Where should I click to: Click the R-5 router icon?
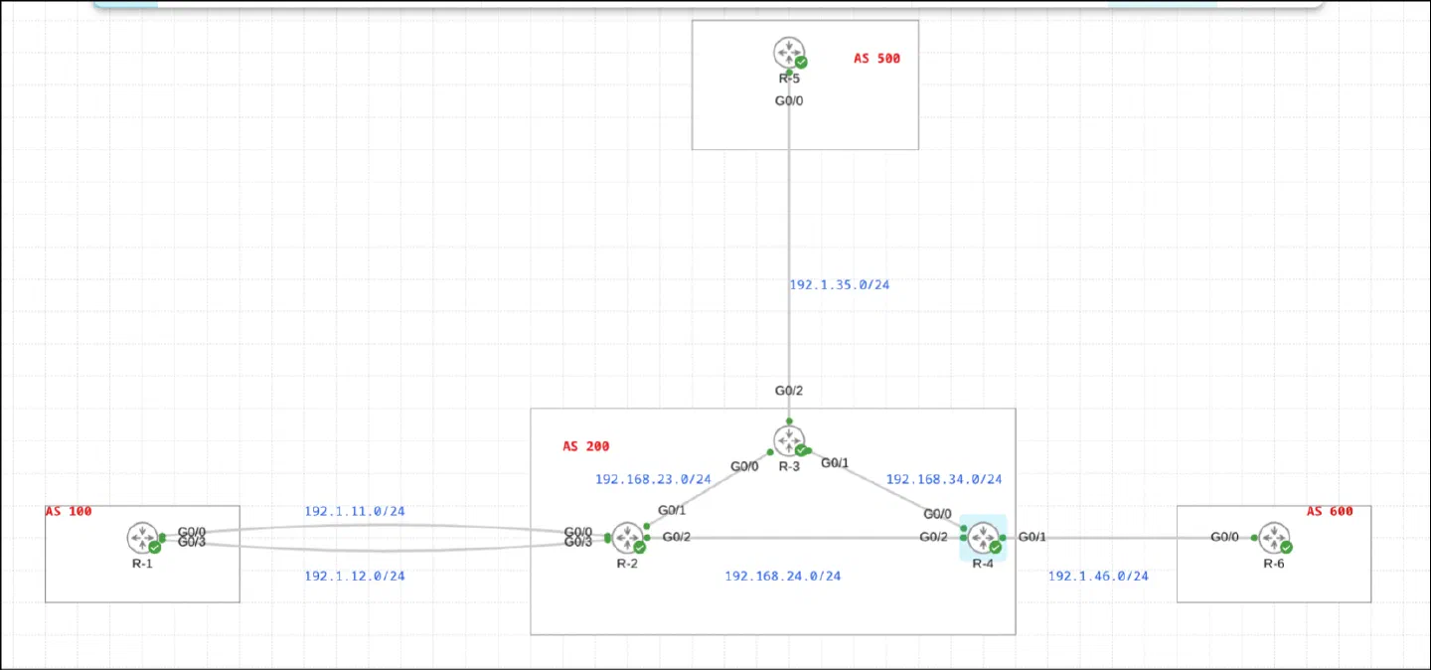tap(790, 53)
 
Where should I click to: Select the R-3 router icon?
tap(790, 440)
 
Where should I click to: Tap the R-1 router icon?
tap(142, 538)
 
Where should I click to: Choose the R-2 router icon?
tap(628, 538)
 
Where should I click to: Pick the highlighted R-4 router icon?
tap(983, 538)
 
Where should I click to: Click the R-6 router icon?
tap(1274, 538)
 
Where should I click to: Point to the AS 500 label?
tap(876, 59)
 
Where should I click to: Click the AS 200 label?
tap(586, 446)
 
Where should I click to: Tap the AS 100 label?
tap(69, 512)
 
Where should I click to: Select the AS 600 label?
tap(1330, 512)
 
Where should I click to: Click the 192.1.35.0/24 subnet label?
tap(840, 285)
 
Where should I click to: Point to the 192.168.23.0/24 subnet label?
tap(653, 479)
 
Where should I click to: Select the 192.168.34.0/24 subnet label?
tap(944, 479)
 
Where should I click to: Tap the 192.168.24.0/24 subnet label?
tap(783, 577)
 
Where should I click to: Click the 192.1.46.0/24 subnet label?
tap(1098, 577)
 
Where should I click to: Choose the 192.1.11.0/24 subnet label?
tap(355, 512)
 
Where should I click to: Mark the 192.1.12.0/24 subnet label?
tap(355, 577)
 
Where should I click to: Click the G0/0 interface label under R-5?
tap(789, 101)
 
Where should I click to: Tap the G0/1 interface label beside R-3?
tap(835, 463)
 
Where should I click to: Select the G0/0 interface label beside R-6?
tap(1224, 537)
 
